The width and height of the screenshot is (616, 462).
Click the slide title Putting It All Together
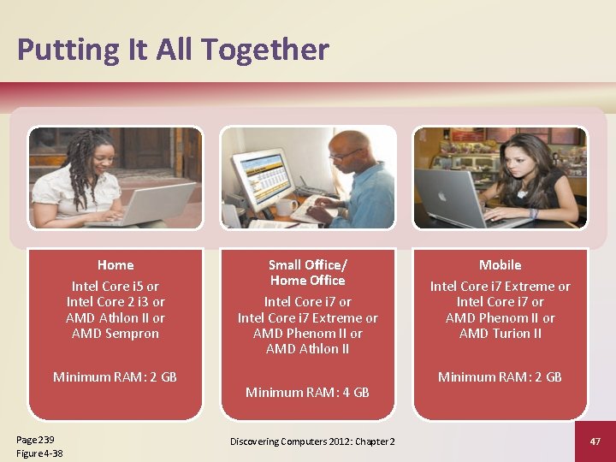pyautogui.click(x=173, y=50)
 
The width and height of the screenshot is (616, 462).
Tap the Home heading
pyautogui.click(x=115, y=265)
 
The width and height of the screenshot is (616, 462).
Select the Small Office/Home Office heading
pyautogui.click(x=307, y=272)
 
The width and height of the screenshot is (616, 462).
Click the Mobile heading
pyautogui.click(x=500, y=265)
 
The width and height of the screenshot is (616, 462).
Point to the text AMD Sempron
pyautogui.click(x=115, y=334)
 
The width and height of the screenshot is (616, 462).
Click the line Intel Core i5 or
pyautogui.click(x=115, y=286)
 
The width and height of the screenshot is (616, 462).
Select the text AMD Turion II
pyautogui.click(x=500, y=334)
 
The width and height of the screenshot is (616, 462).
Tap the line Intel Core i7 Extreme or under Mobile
pyautogui.click(x=500, y=286)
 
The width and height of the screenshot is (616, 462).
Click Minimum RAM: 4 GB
pyautogui.click(x=307, y=393)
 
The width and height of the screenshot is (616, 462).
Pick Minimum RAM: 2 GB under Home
pyautogui.click(x=115, y=376)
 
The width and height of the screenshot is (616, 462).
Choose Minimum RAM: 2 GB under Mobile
pyautogui.click(x=500, y=376)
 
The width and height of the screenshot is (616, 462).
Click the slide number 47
pyautogui.click(x=595, y=441)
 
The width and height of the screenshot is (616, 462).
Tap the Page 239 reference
pyautogui.click(x=33, y=439)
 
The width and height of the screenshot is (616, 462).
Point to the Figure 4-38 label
pyautogui.click(x=39, y=453)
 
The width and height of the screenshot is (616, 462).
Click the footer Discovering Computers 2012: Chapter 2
pyautogui.click(x=312, y=441)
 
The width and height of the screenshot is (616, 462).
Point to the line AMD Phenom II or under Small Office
pyautogui.click(x=307, y=334)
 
